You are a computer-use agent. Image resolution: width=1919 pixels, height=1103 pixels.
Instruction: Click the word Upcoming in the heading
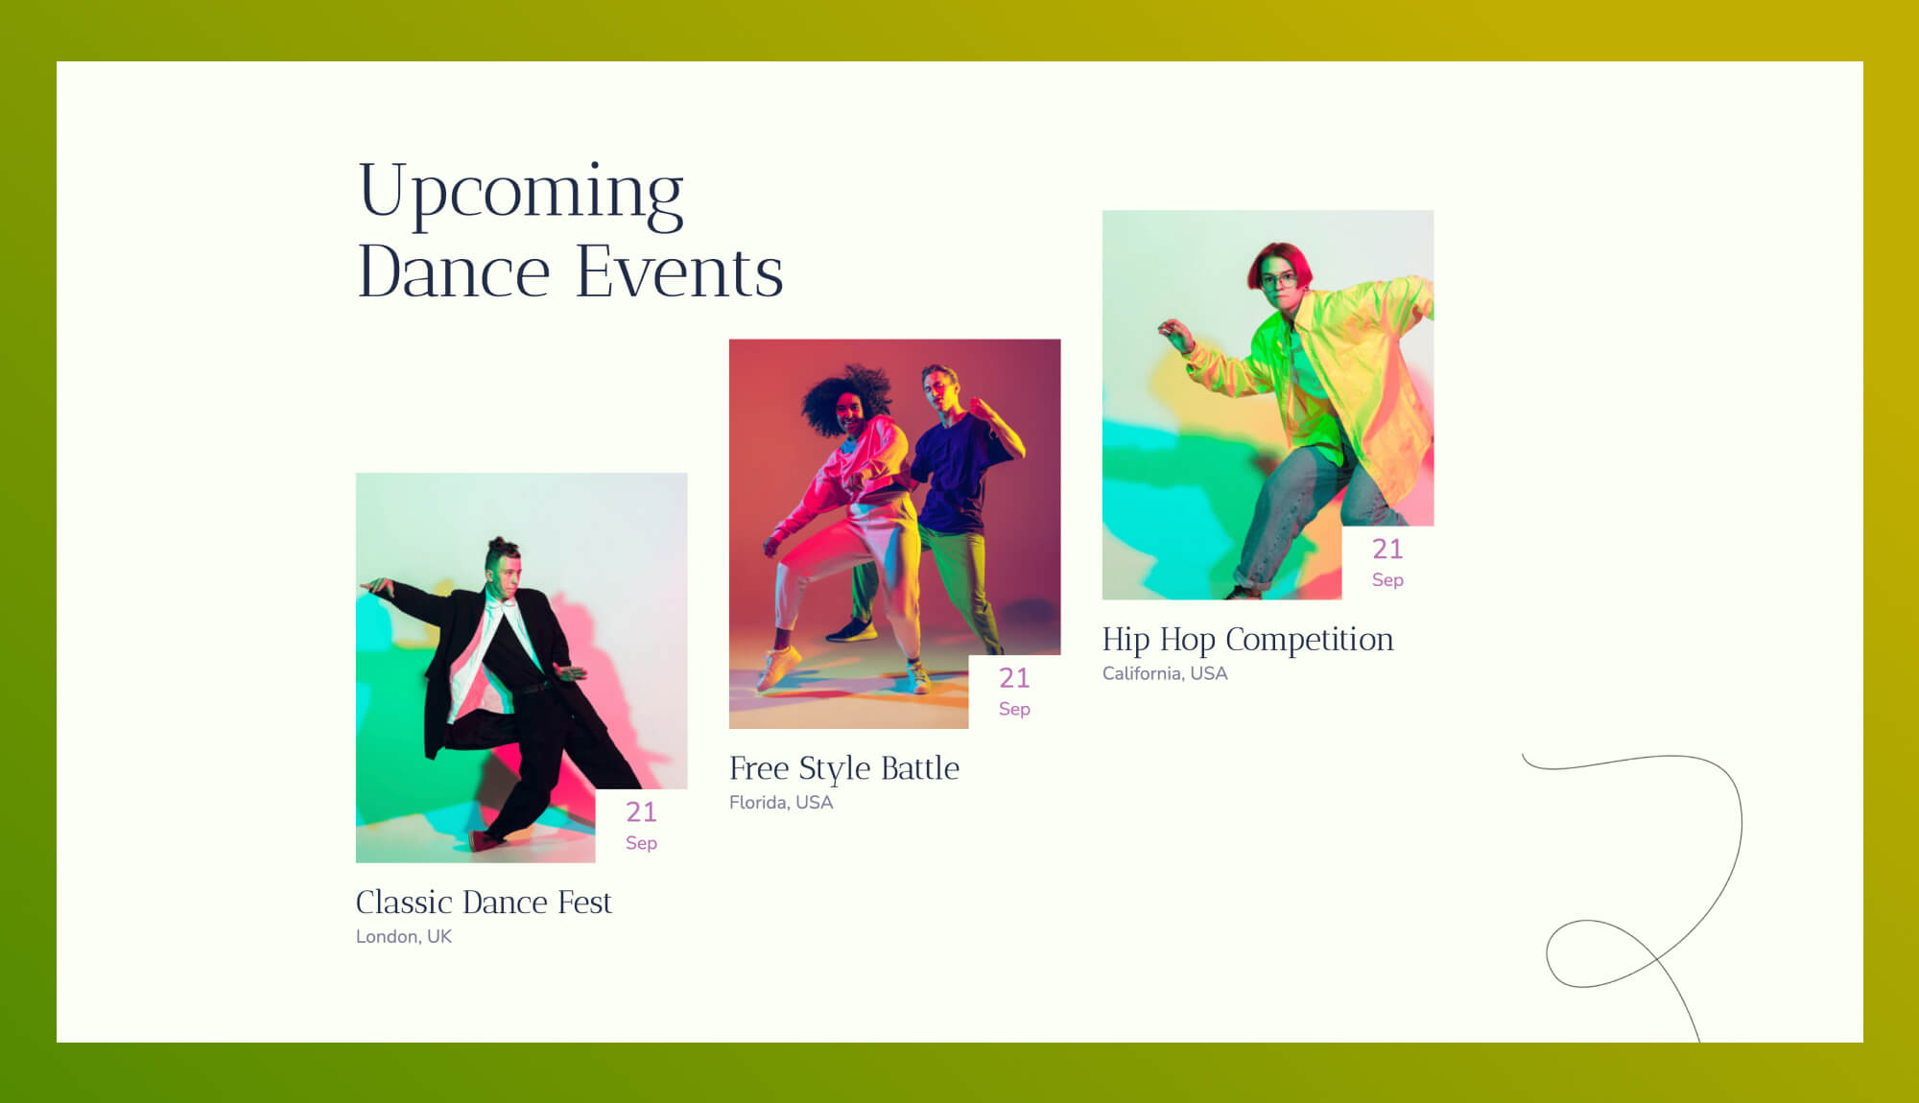[520, 192]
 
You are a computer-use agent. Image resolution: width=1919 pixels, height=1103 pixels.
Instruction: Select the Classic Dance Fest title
[484, 903]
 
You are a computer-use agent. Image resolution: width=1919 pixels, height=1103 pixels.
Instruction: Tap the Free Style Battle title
[843, 768]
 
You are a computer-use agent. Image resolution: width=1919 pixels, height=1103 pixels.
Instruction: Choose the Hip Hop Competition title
[1247, 640]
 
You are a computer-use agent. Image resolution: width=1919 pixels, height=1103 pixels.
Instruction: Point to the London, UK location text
[403, 937]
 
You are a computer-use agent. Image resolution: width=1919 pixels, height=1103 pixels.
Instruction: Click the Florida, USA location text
[781, 803]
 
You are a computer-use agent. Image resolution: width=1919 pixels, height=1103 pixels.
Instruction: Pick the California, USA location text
[1164, 674]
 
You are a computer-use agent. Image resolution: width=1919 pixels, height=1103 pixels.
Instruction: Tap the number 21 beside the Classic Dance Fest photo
[641, 812]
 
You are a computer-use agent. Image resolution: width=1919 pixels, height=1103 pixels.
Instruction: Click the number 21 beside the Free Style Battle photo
[1014, 678]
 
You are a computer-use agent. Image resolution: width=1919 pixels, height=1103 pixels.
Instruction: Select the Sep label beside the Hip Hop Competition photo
[1387, 580]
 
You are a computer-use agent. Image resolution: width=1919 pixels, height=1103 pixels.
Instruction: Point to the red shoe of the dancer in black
[485, 841]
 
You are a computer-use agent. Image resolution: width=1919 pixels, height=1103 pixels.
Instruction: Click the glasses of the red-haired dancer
[1279, 281]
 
